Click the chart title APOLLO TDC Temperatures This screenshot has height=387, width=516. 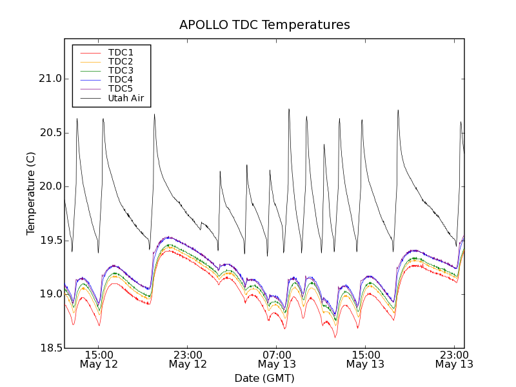click(x=264, y=25)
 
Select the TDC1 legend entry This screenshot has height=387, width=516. click(x=121, y=52)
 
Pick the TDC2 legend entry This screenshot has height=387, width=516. click(x=121, y=61)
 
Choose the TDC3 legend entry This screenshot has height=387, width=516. click(x=121, y=70)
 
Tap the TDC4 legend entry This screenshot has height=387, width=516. click(x=121, y=79)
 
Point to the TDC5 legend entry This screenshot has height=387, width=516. click(x=121, y=88)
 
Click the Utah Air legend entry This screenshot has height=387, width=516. click(x=126, y=98)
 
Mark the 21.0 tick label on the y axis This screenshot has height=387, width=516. click(x=51, y=79)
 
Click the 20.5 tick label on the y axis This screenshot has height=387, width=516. click(x=51, y=133)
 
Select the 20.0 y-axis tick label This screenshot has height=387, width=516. click(x=51, y=186)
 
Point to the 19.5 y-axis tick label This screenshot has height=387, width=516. click(x=51, y=241)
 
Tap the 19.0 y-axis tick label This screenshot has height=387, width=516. click(x=51, y=294)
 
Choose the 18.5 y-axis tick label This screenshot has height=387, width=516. click(x=51, y=348)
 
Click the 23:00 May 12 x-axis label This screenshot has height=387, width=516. click(x=188, y=359)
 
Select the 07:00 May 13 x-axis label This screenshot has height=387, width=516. click(x=277, y=359)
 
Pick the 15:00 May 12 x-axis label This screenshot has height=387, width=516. click(x=99, y=359)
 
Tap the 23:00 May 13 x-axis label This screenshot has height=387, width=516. click(x=454, y=359)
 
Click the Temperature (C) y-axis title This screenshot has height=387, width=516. click(x=31, y=193)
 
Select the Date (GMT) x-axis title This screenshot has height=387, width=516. click(x=264, y=378)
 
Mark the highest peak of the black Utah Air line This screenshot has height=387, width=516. click(x=289, y=109)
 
